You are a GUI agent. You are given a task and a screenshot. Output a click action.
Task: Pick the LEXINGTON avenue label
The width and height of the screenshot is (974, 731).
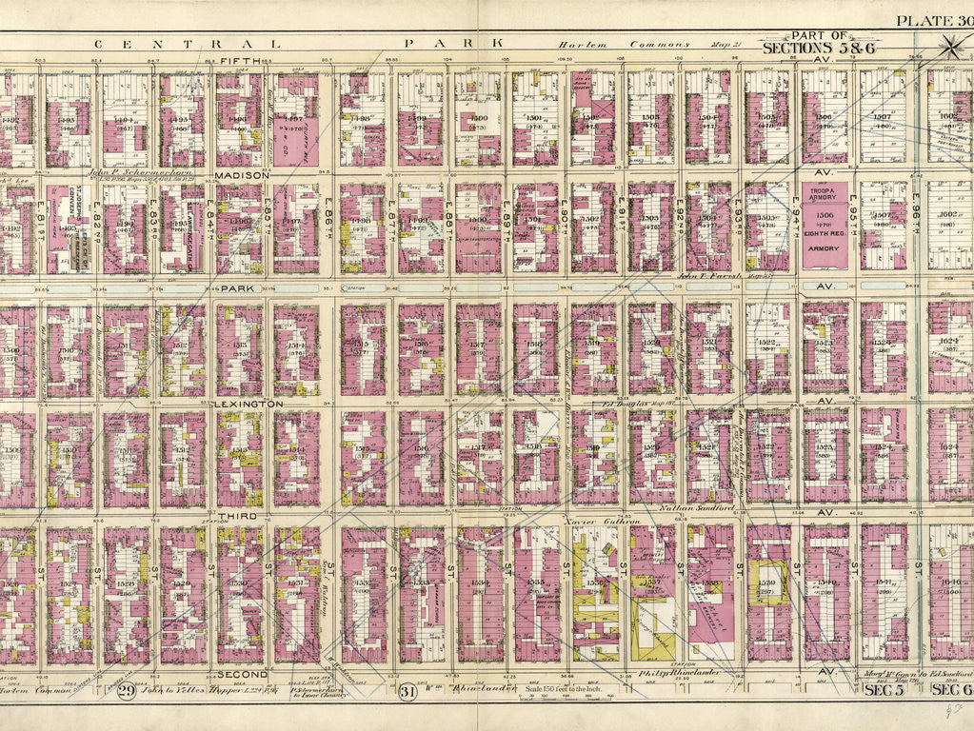click(248, 404)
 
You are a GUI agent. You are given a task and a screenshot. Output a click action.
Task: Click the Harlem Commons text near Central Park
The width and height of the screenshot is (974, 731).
click(593, 44)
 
